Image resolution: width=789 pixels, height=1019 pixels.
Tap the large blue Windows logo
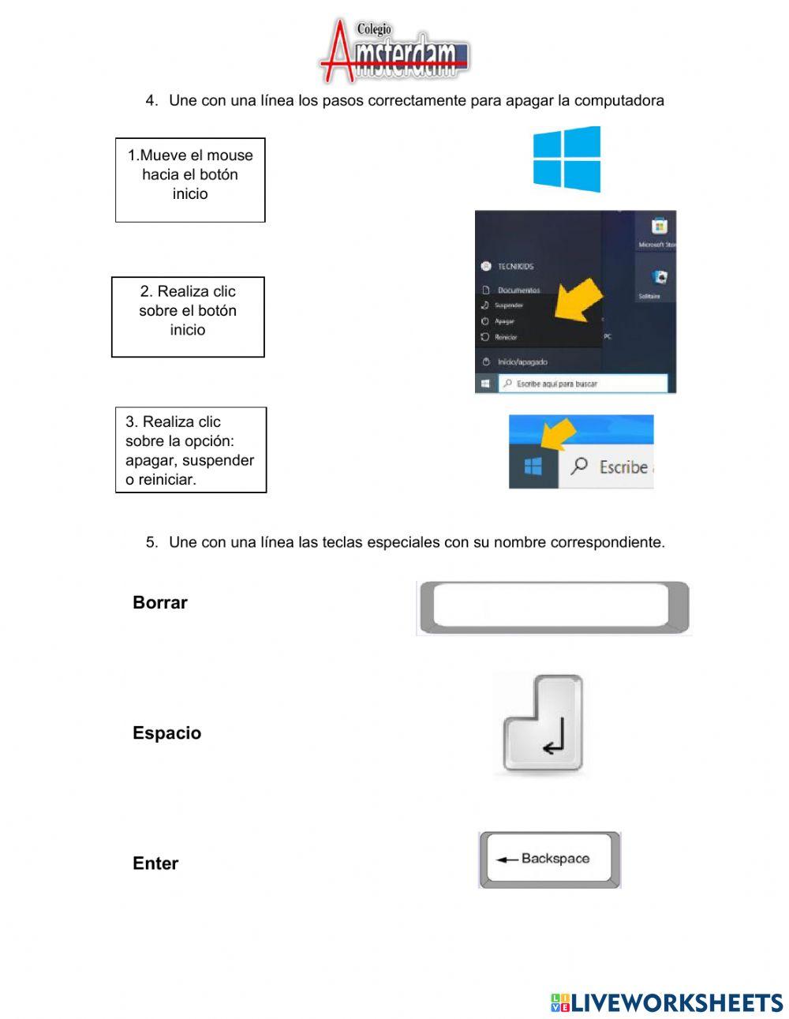567,159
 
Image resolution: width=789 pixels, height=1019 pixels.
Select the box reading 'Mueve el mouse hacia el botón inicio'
190,180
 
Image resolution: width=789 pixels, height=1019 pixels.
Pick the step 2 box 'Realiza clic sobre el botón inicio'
188,317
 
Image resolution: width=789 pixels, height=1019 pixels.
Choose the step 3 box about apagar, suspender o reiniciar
191,450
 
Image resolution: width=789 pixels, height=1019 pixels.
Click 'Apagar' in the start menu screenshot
504,321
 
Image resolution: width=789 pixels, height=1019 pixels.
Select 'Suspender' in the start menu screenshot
508,305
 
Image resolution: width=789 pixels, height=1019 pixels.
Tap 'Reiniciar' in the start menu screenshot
505,337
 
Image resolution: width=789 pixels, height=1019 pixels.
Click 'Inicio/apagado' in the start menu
522,362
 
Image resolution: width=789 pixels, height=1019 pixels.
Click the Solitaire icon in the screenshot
660,278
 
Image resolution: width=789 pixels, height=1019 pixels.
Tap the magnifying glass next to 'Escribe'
580,466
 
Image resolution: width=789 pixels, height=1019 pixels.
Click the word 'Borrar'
160,602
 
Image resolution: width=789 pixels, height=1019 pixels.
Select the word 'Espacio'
166,732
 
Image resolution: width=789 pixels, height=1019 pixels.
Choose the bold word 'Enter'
155,863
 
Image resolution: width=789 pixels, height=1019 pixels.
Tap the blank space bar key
552,607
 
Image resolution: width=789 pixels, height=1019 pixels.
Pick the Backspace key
549,859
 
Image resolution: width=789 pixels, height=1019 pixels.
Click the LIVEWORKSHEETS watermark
667,1002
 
